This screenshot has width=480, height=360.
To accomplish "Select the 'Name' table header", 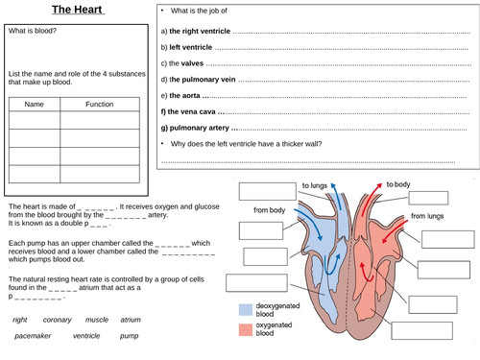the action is tap(35, 105).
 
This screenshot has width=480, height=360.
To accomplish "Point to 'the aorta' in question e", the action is tap(188, 96).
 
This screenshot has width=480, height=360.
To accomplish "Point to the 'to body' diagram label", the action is tap(398, 184).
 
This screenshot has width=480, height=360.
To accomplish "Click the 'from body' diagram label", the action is tap(271, 209).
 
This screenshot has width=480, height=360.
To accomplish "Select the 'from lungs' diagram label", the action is tap(431, 217).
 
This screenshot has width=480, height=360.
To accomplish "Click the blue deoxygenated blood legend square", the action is tap(247, 310).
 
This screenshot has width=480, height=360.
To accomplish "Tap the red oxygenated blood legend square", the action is tap(247, 330).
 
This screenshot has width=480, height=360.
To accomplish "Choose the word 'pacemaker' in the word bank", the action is tap(29, 337).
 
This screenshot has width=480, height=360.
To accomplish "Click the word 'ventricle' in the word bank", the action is tap(86, 337).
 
